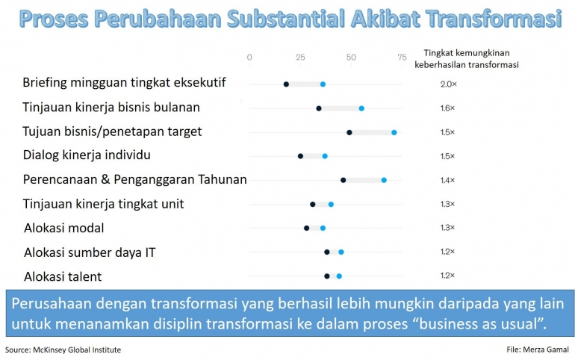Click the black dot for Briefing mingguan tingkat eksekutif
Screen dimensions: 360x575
pos(286,84)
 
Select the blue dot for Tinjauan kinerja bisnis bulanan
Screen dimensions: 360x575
pos(361,108)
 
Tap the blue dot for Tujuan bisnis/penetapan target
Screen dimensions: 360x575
pos(394,132)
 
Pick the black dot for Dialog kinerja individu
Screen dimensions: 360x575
pos(300,156)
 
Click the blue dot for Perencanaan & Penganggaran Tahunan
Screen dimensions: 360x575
pos(384,180)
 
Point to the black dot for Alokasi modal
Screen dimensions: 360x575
pos(306,228)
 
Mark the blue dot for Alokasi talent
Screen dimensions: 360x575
pos(339,276)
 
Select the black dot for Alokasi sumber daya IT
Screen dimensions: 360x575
pos(327,252)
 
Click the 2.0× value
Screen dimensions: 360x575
pos(448,84)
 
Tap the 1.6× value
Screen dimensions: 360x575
pos(448,108)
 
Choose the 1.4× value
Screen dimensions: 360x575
pos(448,180)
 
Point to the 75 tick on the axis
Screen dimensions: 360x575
pos(402,58)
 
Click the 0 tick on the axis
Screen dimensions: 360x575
pos(249,58)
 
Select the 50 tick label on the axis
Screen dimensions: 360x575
pos(351,58)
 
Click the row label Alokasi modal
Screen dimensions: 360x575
pos(64,228)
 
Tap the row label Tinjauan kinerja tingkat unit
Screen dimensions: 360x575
pos(103,204)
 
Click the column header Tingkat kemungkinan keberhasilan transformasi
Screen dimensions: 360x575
pos(467,59)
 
